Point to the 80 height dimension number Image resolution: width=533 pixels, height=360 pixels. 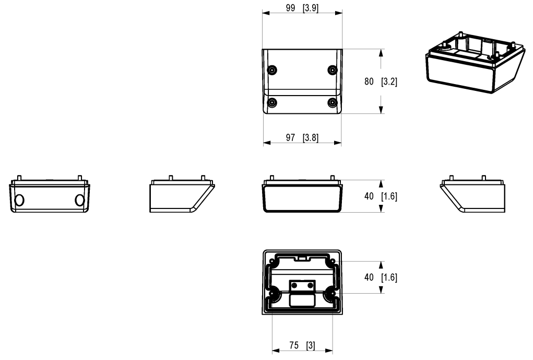369,82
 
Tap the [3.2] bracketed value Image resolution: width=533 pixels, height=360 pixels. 389,82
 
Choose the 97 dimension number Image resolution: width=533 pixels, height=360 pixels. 291,137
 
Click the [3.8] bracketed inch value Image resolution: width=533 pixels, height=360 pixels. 311,137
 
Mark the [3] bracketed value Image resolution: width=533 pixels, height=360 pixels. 313,345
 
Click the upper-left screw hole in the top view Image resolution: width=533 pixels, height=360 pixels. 271,70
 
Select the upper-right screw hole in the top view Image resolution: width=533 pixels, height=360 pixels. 332,70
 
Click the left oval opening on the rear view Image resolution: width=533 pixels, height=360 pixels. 19,200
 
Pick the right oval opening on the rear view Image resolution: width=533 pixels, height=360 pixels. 79,200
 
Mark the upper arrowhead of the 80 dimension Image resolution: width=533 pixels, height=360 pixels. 382,53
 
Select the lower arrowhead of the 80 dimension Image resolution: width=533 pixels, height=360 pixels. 382,109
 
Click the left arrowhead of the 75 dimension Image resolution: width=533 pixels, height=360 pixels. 276,351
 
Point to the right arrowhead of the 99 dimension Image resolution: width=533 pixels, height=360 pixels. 339,14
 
